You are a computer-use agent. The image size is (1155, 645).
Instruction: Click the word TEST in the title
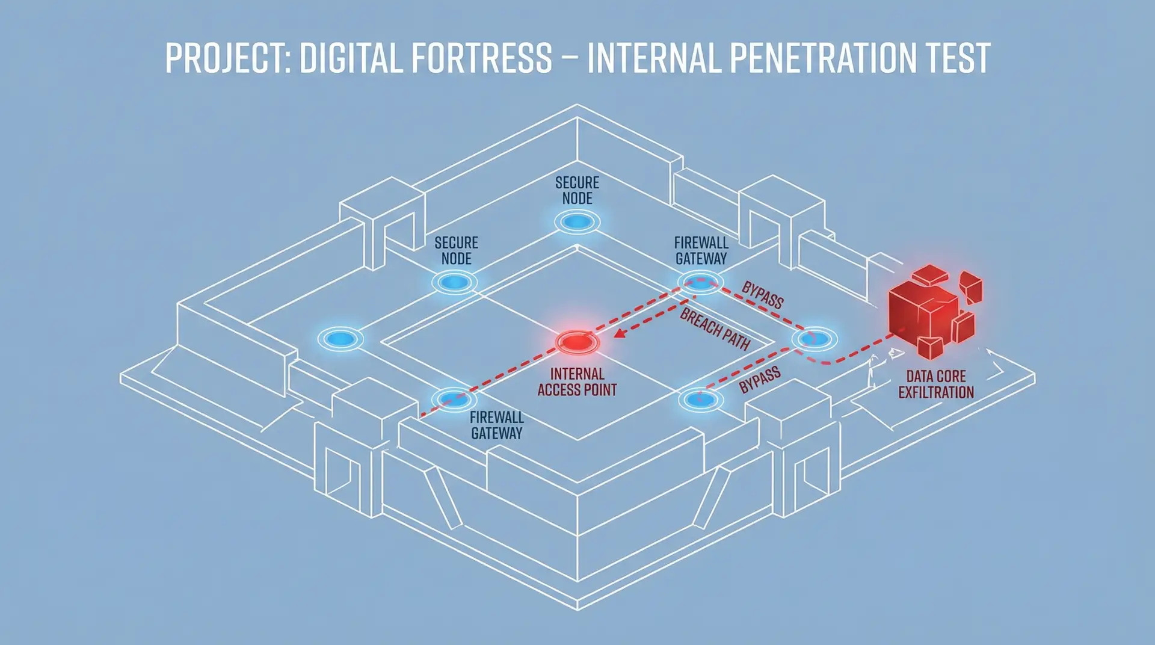(958, 58)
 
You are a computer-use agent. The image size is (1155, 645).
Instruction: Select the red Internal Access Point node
(577, 342)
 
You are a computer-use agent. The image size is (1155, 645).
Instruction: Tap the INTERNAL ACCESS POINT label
(577, 382)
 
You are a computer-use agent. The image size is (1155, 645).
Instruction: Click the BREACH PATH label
(715, 329)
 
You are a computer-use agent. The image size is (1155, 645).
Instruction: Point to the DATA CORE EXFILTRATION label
(936, 384)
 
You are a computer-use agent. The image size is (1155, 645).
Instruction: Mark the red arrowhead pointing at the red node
(618, 333)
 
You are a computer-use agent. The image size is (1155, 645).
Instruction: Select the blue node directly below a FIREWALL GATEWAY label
(700, 282)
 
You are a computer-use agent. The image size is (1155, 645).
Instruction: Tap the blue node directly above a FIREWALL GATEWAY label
(454, 398)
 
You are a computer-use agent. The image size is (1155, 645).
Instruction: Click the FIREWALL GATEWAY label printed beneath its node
(497, 425)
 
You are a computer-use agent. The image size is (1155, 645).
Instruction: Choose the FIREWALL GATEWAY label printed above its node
(701, 251)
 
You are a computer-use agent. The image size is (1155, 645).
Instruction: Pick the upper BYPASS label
(762, 295)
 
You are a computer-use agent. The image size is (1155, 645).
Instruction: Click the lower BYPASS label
(760, 380)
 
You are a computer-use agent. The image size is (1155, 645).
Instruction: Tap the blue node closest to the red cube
(815, 339)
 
